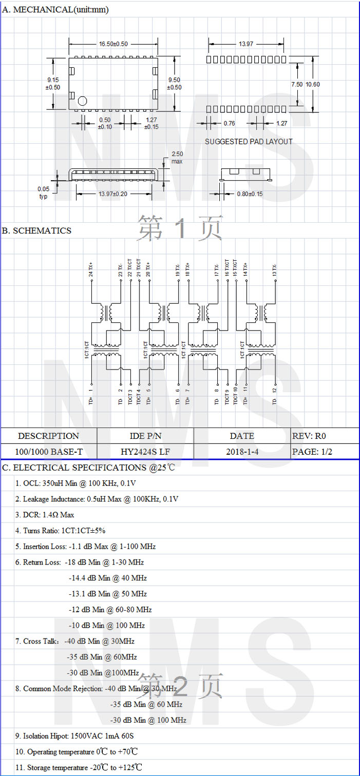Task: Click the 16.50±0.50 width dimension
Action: point(113,44)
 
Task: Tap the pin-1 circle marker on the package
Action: point(83,101)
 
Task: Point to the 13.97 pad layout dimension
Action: point(246,44)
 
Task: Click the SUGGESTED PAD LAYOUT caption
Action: point(249,142)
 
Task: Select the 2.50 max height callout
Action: point(177,158)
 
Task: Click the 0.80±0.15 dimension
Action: point(250,194)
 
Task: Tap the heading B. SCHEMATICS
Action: point(36,231)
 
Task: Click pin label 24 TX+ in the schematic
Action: point(91,270)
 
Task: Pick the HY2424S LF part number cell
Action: point(145,452)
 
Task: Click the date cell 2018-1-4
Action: point(242,452)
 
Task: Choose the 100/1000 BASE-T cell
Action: point(49,452)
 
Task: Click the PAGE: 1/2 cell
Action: point(312,452)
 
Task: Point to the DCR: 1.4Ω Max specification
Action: point(45,515)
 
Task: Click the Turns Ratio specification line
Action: point(60,531)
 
